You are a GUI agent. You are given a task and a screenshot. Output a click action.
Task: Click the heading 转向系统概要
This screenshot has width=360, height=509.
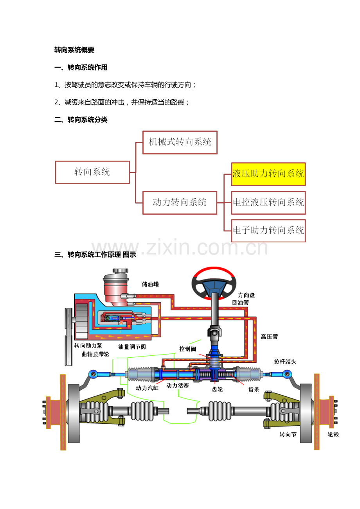click(x=74, y=50)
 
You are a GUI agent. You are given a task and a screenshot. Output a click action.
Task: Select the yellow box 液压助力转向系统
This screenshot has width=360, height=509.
click(x=268, y=174)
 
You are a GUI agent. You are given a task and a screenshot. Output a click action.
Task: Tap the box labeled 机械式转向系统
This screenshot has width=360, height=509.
click(x=180, y=142)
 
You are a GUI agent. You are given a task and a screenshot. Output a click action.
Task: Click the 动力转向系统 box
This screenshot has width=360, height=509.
click(x=180, y=203)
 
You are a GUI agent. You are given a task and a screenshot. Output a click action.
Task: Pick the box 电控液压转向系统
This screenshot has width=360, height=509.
click(x=268, y=203)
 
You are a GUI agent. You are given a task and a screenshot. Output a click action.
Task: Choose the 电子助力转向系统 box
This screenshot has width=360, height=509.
click(x=268, y=231)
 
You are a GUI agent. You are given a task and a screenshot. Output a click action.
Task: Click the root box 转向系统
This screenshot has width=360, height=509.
click(x=92, y=172)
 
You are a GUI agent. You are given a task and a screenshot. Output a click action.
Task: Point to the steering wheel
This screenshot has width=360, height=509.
click(x=214, y=283)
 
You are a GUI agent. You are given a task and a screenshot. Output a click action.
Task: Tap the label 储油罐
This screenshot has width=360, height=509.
click(x=150, y=284)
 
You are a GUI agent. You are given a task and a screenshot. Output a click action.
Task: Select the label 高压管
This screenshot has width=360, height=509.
click(x=269, y=336)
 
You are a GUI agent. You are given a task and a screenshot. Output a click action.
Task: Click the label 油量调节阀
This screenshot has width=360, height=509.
click(x=132, y=347)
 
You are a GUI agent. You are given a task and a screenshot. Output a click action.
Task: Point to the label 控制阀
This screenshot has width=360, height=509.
click(x=187, y=349)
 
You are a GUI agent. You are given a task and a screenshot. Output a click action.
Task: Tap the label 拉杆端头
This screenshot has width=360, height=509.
click(x=285, y=362)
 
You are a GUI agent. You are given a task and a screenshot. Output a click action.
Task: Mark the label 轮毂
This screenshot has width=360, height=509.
click(x=333, y=434)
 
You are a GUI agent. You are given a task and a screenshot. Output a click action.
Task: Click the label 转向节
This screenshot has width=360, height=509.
click(x=288, y=434)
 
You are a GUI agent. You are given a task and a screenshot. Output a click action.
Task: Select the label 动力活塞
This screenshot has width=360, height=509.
click(x=177, y=385)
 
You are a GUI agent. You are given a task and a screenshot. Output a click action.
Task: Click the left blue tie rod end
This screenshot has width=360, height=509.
click(x=93, y=374)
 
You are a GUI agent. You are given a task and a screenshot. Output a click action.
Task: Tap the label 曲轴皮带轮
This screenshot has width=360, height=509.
click(x=95, y=354)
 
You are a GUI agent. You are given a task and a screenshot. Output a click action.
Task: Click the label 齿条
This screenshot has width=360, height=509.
click(x=254, y=389)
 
